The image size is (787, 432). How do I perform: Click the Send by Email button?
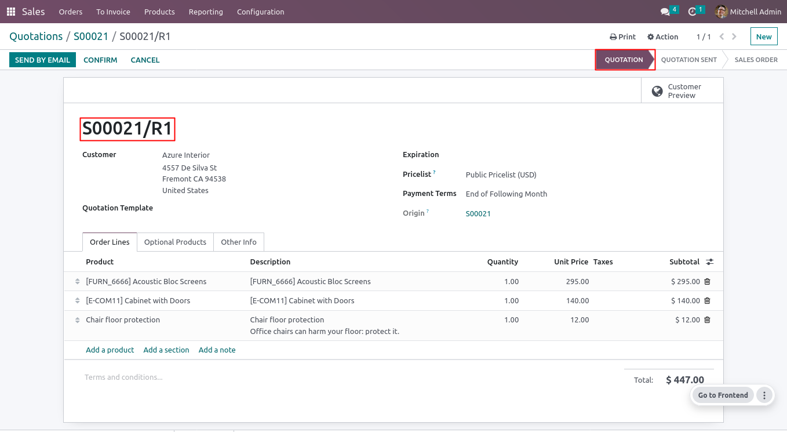(x=42, y=60)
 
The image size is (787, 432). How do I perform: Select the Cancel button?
(x=145, y=60)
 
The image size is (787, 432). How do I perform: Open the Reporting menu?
(x=206, y=12)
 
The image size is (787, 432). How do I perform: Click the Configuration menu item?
(x=260, y=12)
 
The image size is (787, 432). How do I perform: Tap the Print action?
(x=622, y=37)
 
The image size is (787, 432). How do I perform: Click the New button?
(x=763, y=37)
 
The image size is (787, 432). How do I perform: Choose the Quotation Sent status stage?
(x=688, y=60)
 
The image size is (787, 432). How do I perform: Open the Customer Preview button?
(x=682, y=91)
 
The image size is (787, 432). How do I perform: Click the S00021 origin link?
(x=478, y=213)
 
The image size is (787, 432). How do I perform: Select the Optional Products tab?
(x=175, y=242)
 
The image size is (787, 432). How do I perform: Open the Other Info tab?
(x=238, y=242)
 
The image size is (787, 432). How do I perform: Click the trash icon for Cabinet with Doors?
(x=707, y=300)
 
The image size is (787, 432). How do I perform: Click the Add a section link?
(x=166, y=350)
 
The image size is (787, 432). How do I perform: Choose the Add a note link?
(x=217, y=350)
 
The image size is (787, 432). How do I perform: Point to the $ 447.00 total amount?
(x=685, y=380)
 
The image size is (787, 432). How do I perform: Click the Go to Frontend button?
(x=723, y=395)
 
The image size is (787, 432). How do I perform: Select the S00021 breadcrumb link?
(x=91, y=37)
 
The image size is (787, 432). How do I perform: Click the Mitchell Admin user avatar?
(x=721, y=12)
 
